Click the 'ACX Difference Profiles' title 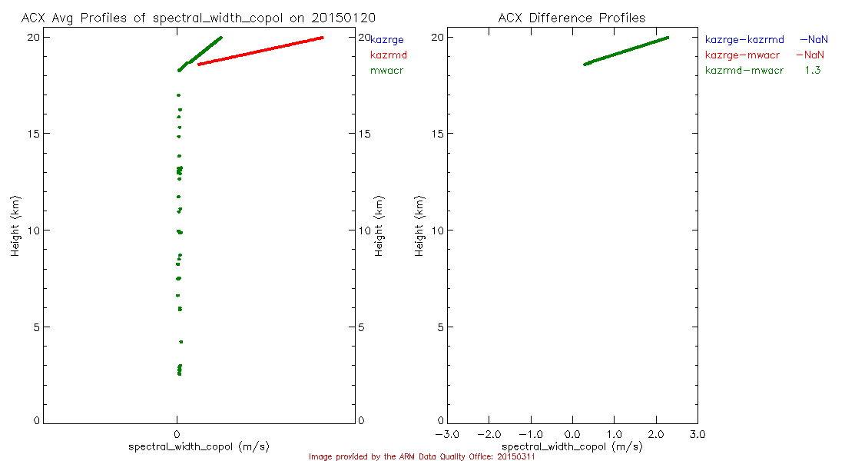(x=572, y=18)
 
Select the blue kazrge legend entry (x=387, y=39)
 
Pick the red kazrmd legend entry (x=389, y=55)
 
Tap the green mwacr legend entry (x=386, y=71)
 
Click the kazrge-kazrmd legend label (x=744, y=39)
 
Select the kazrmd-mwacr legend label (x=744, y=71)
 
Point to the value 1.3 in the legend (x=813, y=71)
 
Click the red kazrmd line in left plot (x=261, y=51)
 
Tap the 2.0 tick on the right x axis (x=655, y=434)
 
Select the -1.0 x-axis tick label (x=530, y=434)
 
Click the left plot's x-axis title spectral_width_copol (x=198, y=446)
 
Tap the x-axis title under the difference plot (x=572, y=446)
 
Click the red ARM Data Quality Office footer (x=422, y=456)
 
